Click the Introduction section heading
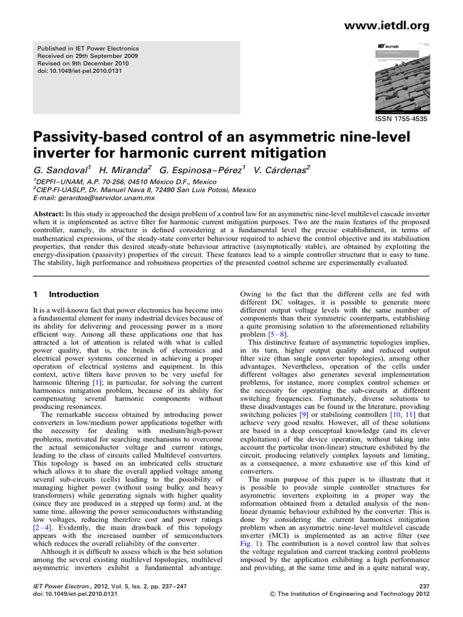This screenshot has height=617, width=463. (74, 295)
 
